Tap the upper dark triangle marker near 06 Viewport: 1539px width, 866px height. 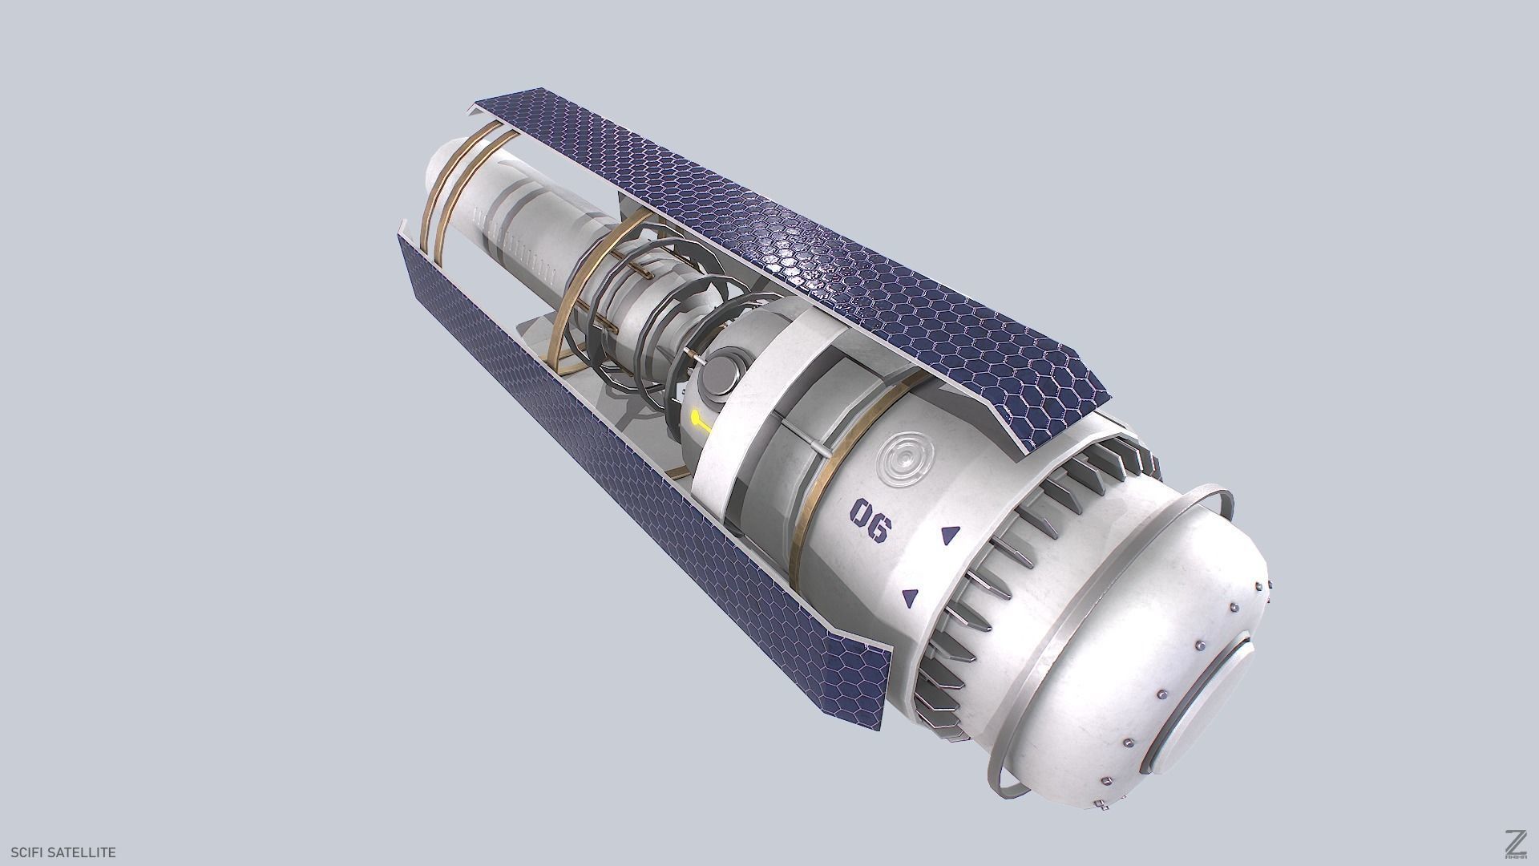[951, 535]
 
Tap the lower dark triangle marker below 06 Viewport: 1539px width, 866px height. [910, 597]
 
